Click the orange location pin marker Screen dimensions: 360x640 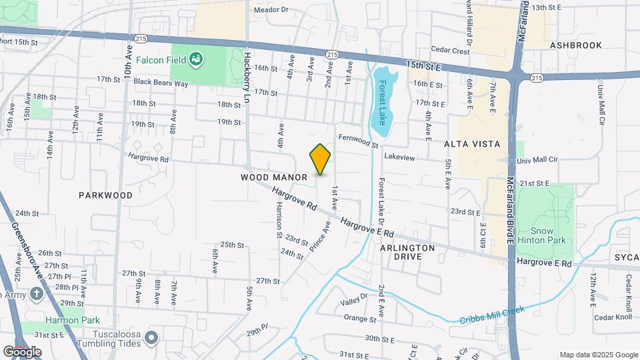(x=321, y=159)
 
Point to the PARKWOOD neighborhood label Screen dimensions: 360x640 (x=105, y=195)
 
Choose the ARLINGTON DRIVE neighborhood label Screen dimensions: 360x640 (x=407, y=252)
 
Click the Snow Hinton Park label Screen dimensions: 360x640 (x=552, y=235)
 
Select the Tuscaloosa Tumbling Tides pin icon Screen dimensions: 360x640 (x=151, y=338)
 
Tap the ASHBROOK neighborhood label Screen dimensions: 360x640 (x=576, y=45)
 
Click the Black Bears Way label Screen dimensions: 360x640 (x=161, y=83)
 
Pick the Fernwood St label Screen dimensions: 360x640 (x=358, y=141)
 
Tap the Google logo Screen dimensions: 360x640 (x=22, y=351)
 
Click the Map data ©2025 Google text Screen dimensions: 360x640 (x=598, y=355)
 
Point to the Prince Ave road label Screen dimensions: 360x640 (x=320, y=237)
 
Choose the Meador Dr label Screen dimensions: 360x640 (x=271, y=10)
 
